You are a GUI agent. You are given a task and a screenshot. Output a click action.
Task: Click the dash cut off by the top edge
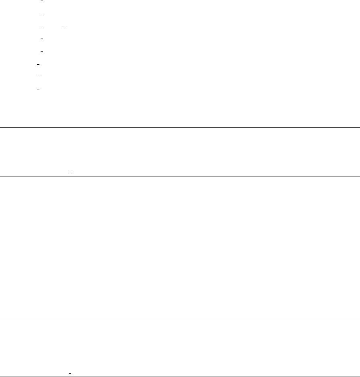click(42, 1)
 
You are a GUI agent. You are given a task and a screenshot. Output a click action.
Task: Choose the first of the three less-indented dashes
click(37, 64)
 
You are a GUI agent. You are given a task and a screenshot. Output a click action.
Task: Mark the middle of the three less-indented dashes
click(37, 77)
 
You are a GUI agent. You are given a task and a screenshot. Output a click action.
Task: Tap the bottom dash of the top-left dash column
click(37, 90)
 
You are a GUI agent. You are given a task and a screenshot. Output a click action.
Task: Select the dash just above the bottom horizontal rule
click(70, 374)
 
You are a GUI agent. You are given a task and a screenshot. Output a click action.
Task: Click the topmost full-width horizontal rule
click(180, 127)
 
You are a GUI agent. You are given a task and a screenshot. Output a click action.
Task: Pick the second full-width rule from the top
click(180, 176)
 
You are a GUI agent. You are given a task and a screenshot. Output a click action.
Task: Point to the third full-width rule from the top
click(180, 319)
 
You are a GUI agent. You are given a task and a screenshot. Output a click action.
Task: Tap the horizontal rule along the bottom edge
click(180, 377)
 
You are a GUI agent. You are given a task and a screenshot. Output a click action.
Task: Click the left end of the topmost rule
click(1, 127)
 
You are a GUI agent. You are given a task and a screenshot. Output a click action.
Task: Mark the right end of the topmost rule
click(359, 127)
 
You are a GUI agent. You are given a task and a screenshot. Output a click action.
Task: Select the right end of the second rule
click(359, 176)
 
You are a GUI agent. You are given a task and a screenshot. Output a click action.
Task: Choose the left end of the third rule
click(1, 319)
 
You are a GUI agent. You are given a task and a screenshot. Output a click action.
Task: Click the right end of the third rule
click(359, 319)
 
